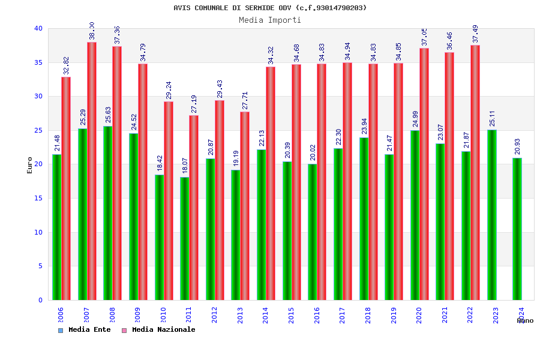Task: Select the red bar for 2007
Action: pyautogui.click(x=92, y=171)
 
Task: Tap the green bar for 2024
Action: pyautogui.click(x=517, y=229)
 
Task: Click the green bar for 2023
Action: pyautogui.click(x=491, y=215)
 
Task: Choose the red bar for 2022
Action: pyautogui.click(x=475, y=172)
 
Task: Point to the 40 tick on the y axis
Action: pyautogui.click(x=38, y=28)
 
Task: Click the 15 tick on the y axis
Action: pyautogui.click(x=38, y=198)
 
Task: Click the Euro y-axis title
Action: pyautogui.click(x=30, y=165)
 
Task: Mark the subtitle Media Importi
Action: pyautogui.click(x=270, y=20)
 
